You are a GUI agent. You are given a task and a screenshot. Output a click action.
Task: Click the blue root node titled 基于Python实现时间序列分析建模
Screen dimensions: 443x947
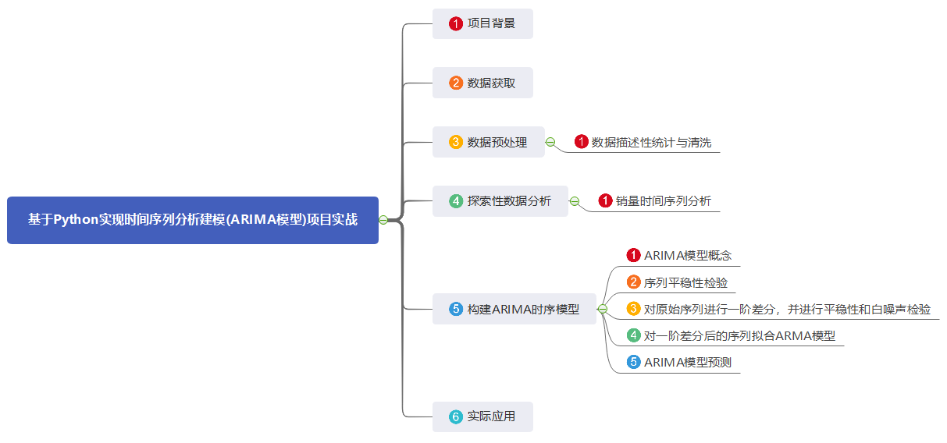pos(192,220)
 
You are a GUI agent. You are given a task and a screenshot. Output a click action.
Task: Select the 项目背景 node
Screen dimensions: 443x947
pos(482,23)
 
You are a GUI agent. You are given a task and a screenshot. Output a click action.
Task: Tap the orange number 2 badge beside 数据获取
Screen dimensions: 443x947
pos(456,83)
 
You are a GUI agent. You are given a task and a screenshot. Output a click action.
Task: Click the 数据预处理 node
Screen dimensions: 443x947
pos(488,142)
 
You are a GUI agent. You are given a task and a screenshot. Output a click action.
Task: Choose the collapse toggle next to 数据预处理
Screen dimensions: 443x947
pos(550,142)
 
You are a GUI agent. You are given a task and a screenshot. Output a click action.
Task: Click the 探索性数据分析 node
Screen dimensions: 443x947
pos(500,201)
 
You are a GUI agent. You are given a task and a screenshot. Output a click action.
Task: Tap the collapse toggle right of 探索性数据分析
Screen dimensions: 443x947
pos(574,201)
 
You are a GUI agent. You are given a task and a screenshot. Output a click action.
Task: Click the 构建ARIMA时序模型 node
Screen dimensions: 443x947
pos(514,309)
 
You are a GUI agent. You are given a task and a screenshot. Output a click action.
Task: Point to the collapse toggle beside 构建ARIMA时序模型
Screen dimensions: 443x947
pos(602,309)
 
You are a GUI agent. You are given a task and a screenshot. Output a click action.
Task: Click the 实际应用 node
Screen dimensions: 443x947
pos(482,416)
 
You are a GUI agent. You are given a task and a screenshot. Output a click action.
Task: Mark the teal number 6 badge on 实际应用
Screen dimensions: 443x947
pos(456,416)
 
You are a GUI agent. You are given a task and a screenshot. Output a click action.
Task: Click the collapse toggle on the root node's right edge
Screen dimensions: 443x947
pos(383,220)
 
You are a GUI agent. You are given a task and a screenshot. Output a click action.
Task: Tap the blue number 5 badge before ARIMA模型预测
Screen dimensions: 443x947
pos(634,363)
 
